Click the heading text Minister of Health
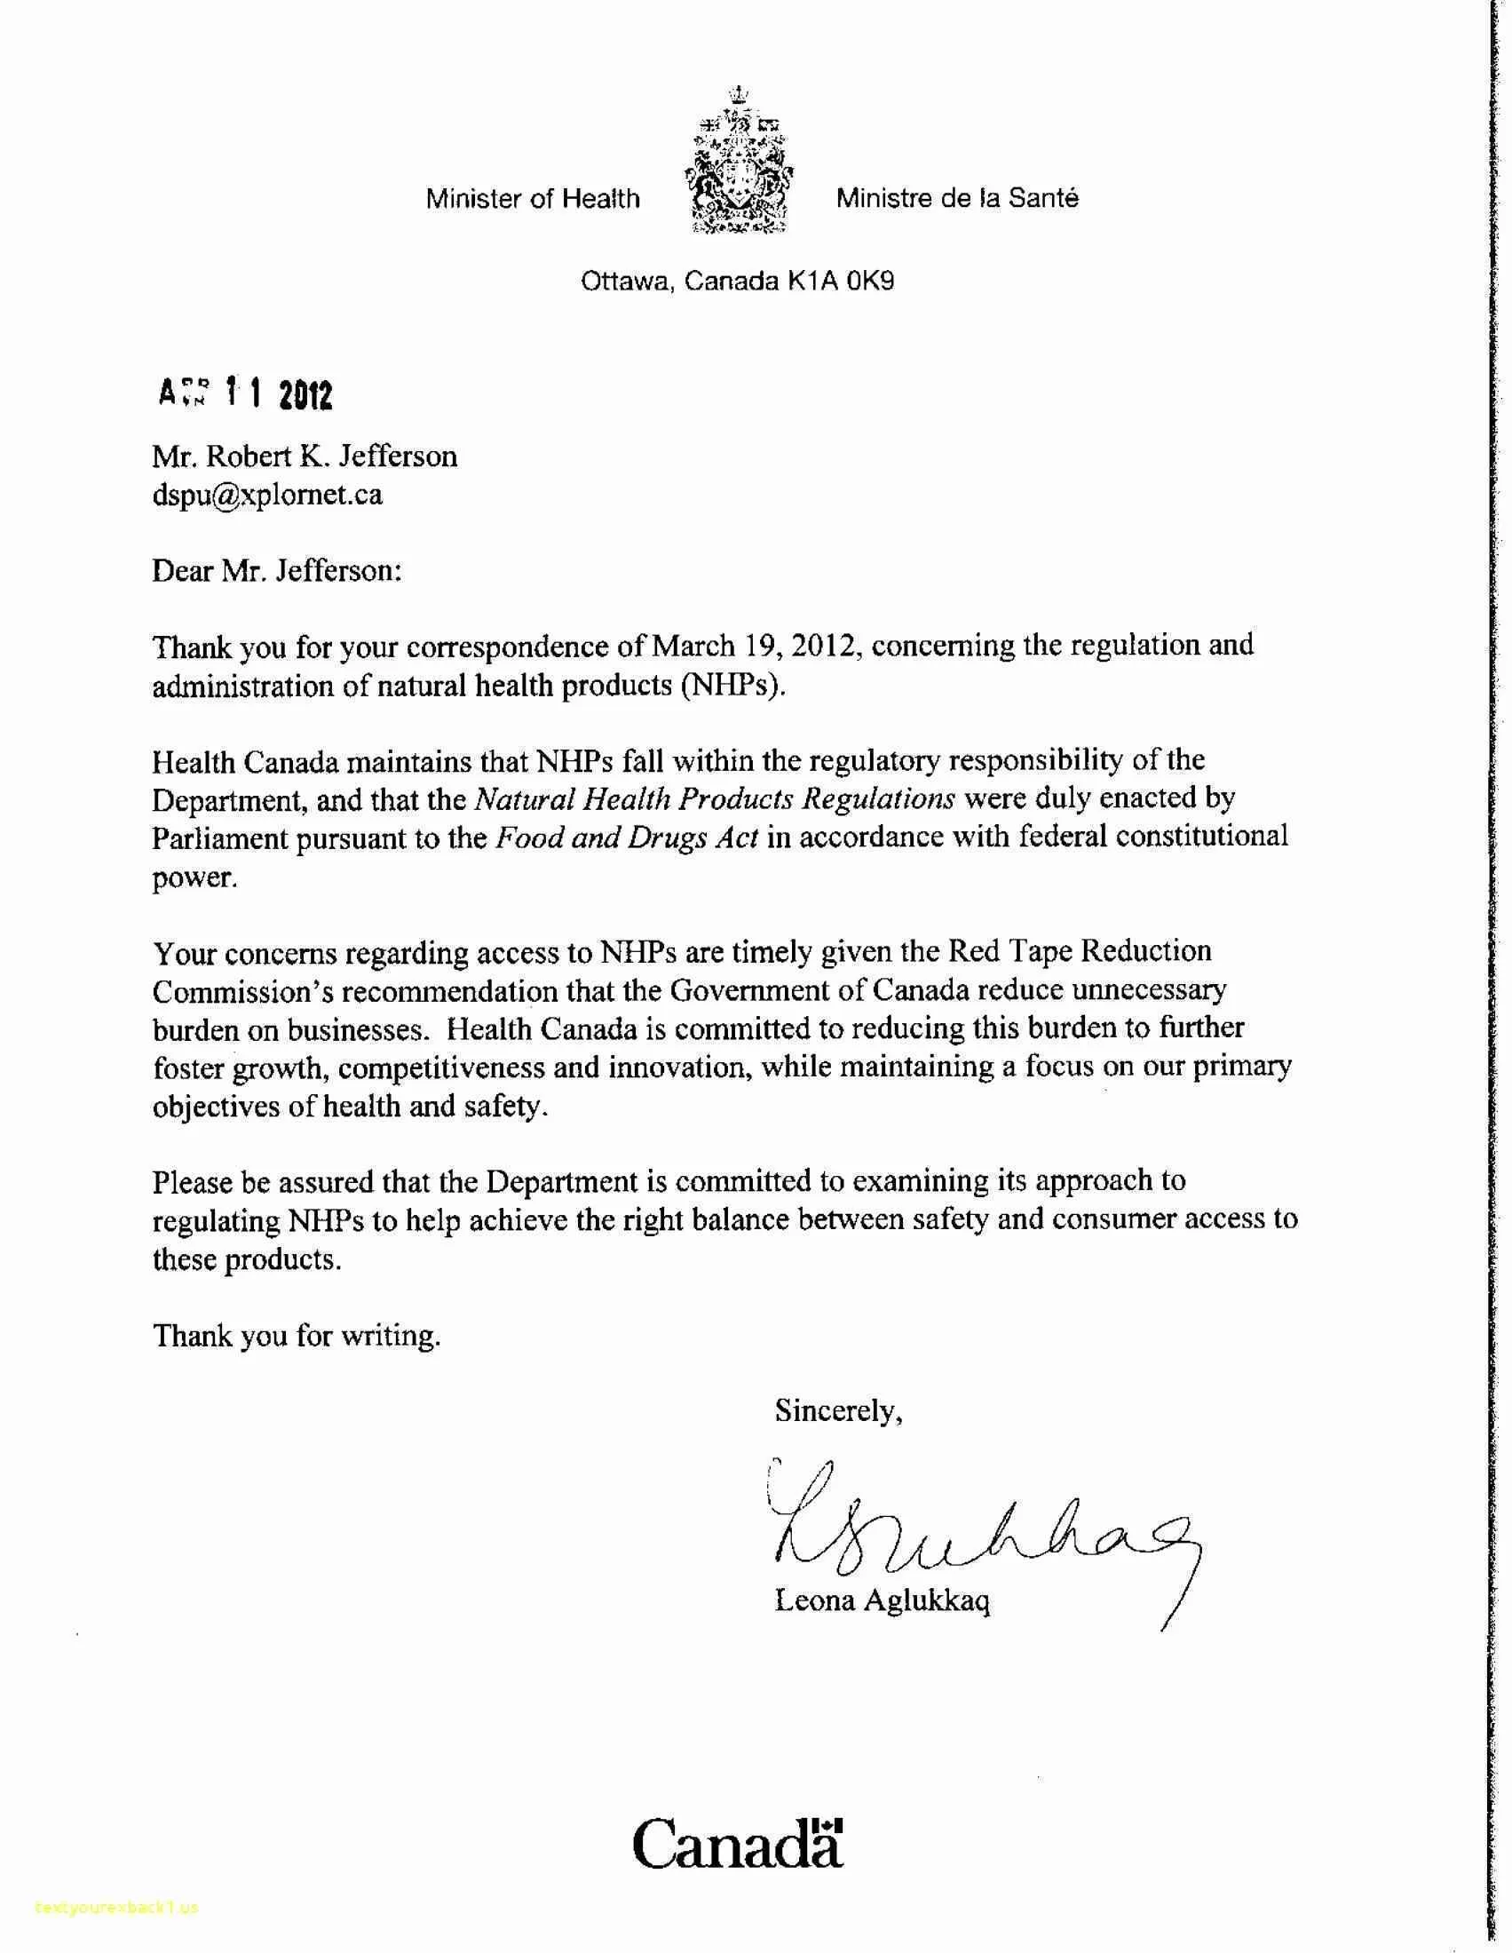click(x=533, y=199)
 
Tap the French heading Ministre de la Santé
click(x=957, y=199)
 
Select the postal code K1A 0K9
click(x=841, y=282)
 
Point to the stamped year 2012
click(x=305, y=394)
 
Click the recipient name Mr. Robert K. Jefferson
click(x=304, y=457)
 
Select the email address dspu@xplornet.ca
click(x=267, y=495)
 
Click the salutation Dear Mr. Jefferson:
click(x=276, y=570)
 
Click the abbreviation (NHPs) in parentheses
click(x=732, y=686)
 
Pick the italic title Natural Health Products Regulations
click(x=715, y=798)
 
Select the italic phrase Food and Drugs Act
click(x=627, y=838)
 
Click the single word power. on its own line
click(x=195, y=877)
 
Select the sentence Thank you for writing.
click(x=297, y=1336)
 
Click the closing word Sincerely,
click(x=838, y=1411)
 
